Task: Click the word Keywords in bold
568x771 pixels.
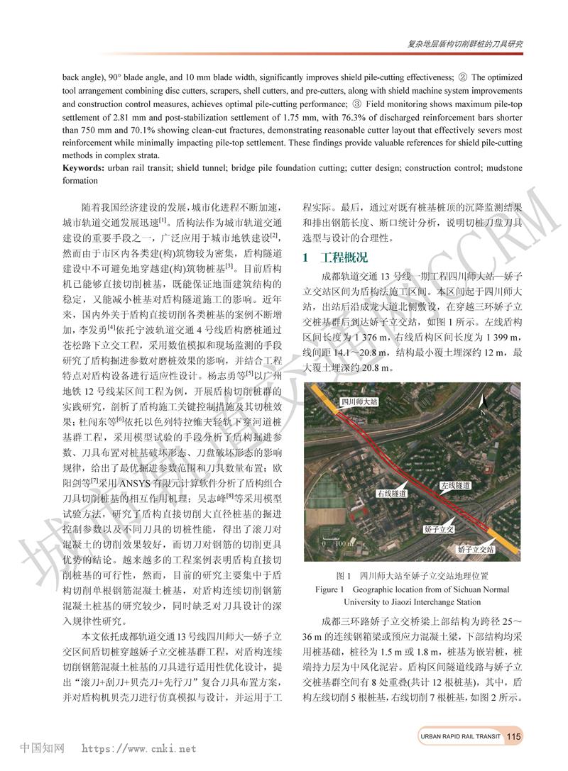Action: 84,168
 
